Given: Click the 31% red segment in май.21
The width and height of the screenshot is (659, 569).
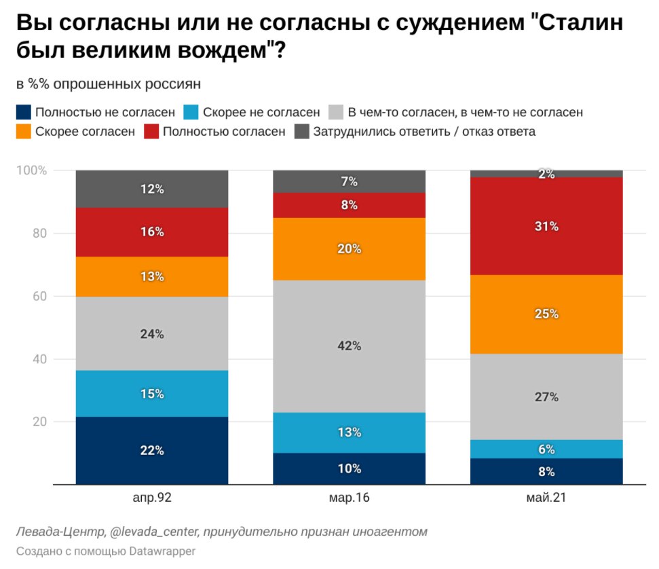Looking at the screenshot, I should pos(546,226).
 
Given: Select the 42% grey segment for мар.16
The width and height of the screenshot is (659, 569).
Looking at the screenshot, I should pos(349,346).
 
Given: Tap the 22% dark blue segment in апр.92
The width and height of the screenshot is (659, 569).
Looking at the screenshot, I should pos(151,450).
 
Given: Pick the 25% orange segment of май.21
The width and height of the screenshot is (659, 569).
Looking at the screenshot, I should pos(546,314).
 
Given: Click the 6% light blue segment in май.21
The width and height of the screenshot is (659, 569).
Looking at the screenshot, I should pos(546,449).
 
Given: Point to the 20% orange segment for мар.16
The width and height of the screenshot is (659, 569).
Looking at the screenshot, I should pos(349,249).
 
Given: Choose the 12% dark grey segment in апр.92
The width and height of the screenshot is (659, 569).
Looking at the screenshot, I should pos(151,189).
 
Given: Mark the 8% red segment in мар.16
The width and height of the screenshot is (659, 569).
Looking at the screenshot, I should pos(349,205).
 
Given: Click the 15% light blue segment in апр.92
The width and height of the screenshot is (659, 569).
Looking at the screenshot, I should pos(151,393).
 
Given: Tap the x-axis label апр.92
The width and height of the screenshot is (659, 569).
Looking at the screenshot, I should pos(152,498).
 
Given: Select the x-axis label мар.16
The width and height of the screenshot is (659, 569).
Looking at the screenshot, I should pos(349,498).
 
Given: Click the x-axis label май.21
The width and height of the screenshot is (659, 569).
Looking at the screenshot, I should pos(546,498).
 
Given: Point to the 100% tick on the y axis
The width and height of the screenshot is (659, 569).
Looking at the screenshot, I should pos(33,170).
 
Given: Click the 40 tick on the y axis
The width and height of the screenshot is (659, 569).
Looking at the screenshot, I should pos(40,359).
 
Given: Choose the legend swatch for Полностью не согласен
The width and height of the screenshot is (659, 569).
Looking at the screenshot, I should pos(24,112).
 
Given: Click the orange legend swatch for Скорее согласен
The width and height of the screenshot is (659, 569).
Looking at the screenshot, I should pos(24,132).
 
